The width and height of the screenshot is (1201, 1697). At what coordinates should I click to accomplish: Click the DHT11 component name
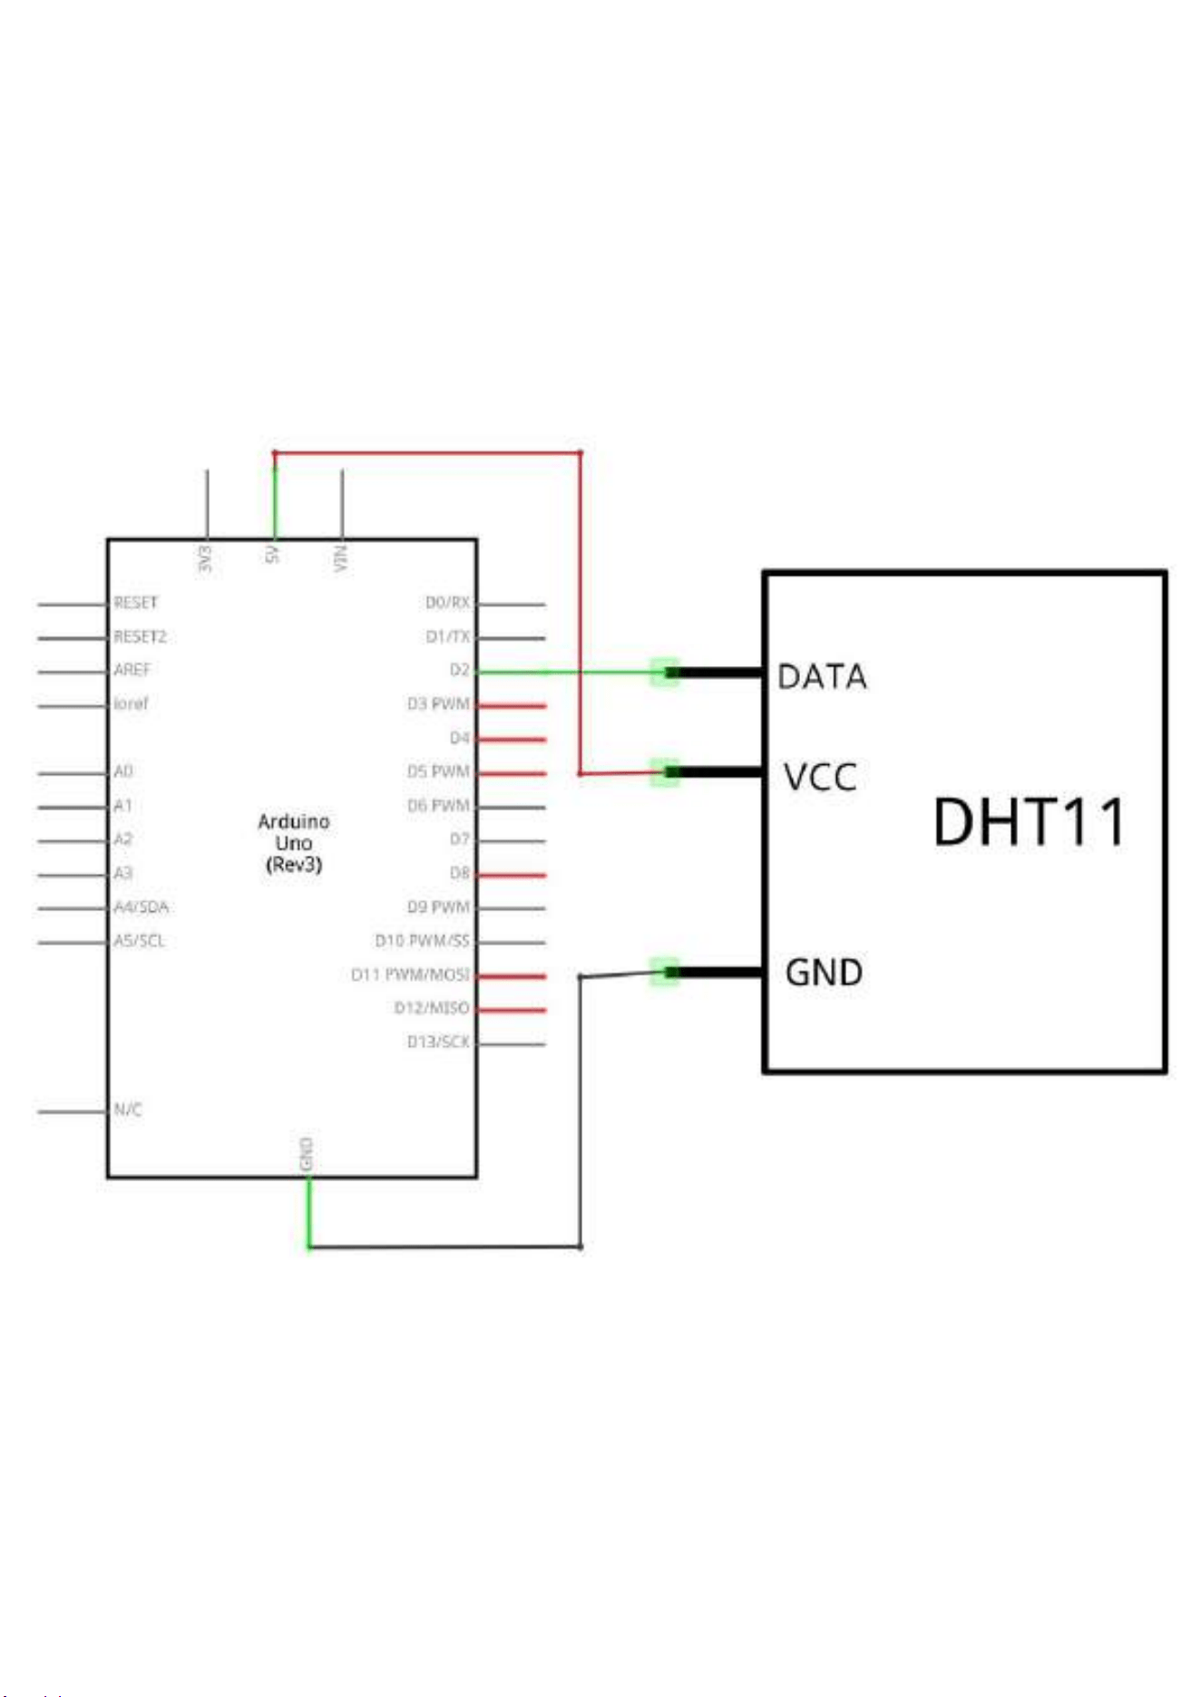point(1030,822)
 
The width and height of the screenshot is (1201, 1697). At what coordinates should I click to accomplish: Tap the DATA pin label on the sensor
point(822,677)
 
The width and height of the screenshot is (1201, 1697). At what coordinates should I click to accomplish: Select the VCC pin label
point(820,778)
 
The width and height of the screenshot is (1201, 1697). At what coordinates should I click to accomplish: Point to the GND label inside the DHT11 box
point(824,973)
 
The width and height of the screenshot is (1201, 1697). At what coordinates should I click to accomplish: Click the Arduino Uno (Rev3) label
point(294,843)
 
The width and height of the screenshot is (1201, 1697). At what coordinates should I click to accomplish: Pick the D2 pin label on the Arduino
point(460,670)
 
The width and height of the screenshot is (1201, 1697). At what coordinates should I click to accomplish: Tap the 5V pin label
point(271,554)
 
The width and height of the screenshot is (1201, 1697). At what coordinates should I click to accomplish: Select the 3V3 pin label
point(205,558)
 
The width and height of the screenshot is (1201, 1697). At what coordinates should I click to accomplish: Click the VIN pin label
point(340,558)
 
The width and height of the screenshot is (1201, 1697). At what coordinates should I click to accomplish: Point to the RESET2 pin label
point(140,636)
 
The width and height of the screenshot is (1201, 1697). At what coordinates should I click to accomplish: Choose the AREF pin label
point(132,670)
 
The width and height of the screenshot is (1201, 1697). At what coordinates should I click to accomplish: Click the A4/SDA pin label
point(141,907)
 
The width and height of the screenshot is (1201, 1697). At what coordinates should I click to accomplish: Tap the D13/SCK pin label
point(438,1042)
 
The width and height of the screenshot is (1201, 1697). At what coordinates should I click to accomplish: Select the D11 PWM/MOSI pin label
point(410,975)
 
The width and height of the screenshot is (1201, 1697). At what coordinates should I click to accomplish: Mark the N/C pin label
point(127,1110)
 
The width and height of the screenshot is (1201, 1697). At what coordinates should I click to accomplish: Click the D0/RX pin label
point(447,603)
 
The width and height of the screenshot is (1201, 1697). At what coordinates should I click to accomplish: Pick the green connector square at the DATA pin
point(665,672)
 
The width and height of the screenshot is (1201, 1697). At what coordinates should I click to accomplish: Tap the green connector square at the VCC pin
point(665,772)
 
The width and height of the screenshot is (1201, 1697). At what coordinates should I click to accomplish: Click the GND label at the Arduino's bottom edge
point(307,1153)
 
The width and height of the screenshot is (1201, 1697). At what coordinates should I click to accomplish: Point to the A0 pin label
point(122,771)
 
